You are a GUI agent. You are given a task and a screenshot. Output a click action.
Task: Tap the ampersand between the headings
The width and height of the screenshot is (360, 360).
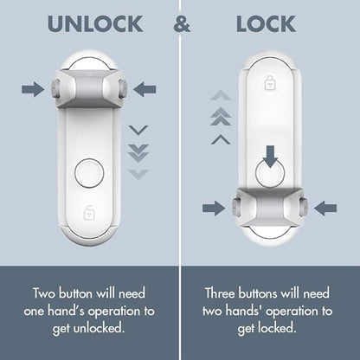click(x=181, y=23)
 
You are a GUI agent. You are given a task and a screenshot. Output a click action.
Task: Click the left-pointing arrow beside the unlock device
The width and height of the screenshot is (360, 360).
click(x=145, y=87)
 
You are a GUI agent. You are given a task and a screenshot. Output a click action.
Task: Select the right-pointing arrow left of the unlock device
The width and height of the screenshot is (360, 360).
click(x=33, y=87)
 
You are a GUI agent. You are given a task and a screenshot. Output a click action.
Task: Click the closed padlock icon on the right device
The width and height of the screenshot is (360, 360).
click(x=269, y=84)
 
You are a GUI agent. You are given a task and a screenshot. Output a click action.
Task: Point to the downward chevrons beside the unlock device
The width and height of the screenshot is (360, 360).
click(x=138, y=151)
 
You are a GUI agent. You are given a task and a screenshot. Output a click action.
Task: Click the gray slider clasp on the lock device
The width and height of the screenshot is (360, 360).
click(x=269, y=206)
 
